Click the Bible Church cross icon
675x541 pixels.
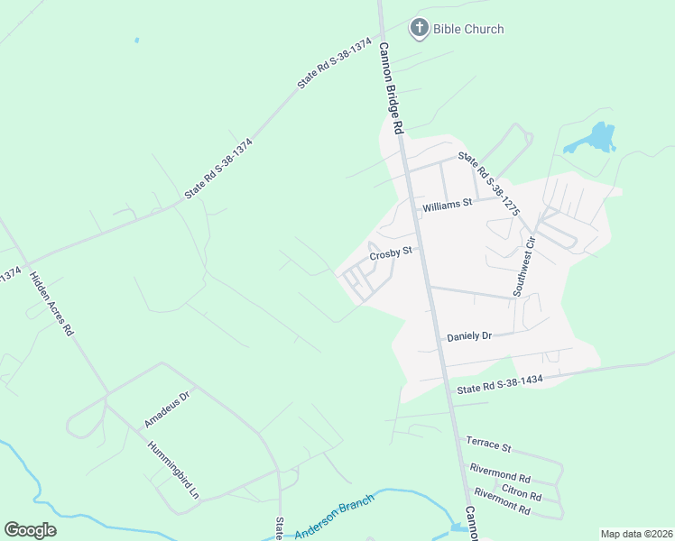click(419, 29)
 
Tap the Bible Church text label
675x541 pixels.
click(467, 29)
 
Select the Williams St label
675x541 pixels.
click(447, 206)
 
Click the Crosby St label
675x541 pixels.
click(390, 252)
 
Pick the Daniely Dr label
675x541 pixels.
click(469, 336)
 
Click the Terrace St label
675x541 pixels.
click(488, 445)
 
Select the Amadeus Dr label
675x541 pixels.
click(167, 408)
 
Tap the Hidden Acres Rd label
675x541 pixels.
click(51, 303)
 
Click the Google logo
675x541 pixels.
click(30, 530)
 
